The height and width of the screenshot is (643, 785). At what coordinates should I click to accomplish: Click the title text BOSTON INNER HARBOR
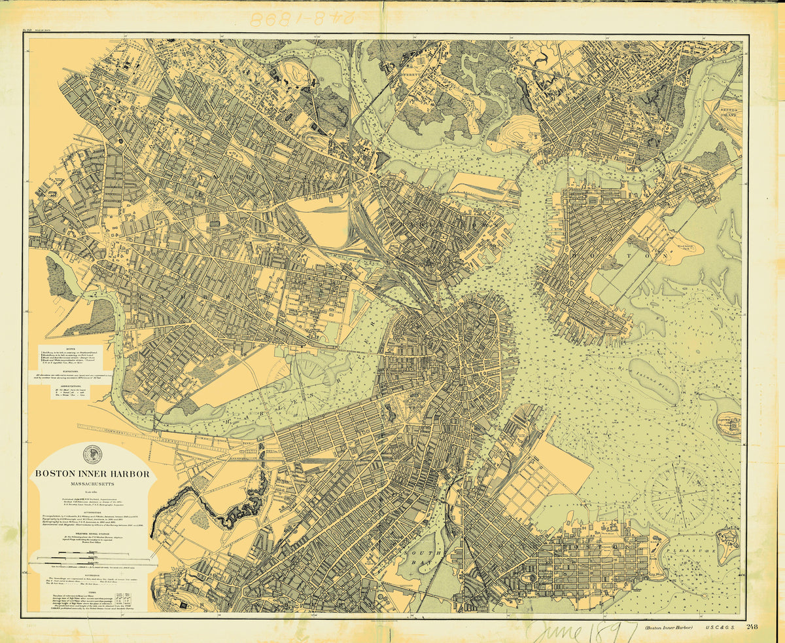[x=92, y=473]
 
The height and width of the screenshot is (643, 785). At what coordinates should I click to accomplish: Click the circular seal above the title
[x=92, y=454]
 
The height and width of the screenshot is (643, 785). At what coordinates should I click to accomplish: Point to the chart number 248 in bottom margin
[x=751, y=627]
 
